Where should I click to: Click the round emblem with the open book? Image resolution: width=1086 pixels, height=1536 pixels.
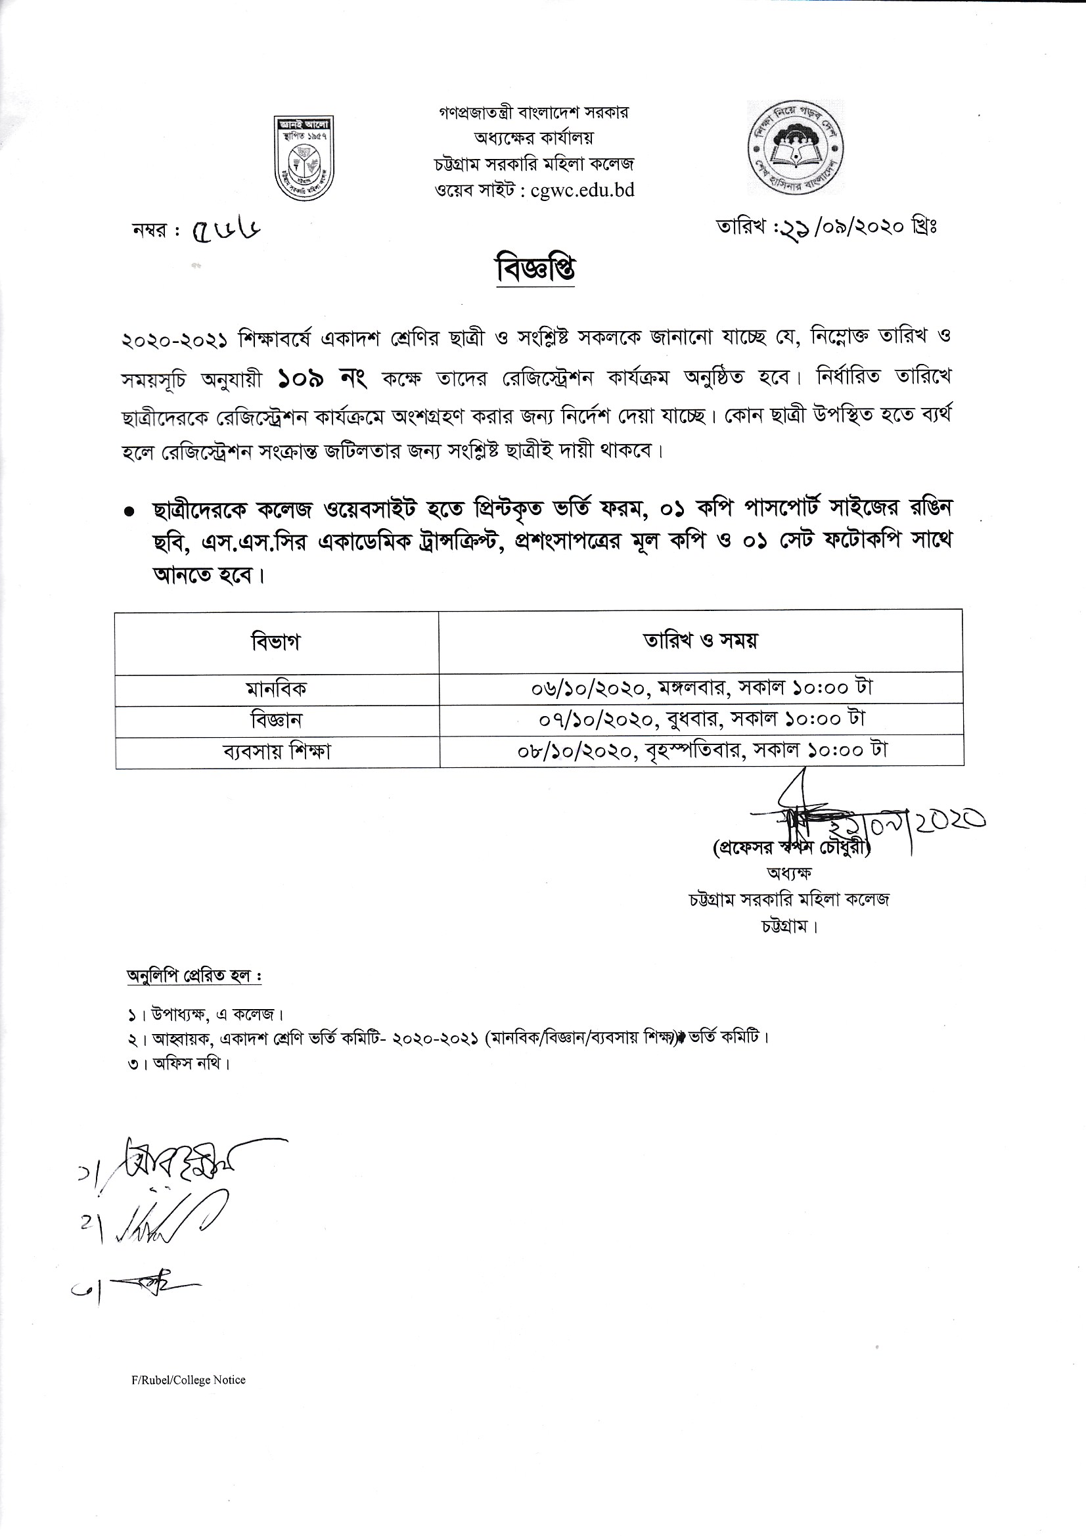point(795,148)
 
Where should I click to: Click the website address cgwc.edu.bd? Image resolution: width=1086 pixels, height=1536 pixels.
point(582,191)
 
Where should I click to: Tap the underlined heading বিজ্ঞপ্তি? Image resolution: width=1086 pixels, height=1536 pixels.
point(535,269)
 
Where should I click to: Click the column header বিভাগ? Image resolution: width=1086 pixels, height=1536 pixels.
point(276,642)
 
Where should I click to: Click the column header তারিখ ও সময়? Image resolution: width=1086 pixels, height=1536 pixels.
point(700,641)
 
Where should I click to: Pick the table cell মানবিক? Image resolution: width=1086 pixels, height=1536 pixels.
point(277,689)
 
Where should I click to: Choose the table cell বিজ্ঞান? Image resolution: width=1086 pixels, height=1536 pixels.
point(277,721)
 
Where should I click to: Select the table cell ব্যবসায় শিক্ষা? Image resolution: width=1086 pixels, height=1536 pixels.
point(277,752)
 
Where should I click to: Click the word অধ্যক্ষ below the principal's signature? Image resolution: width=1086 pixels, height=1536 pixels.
point(790,873)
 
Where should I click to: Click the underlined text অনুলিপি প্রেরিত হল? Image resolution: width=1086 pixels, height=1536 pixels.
point(194,976)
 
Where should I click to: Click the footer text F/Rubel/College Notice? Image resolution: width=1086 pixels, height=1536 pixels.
point(189,1380)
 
